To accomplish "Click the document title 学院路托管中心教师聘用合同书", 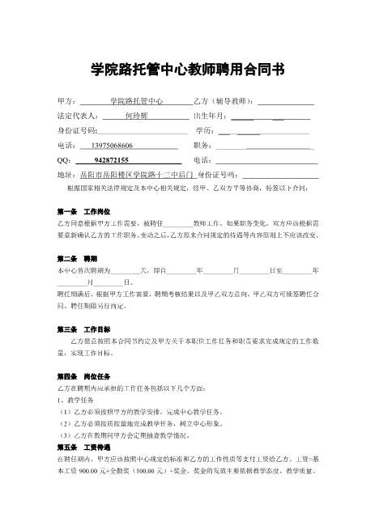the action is tap(187, 70).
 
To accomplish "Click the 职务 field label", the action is tap(204, 145).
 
